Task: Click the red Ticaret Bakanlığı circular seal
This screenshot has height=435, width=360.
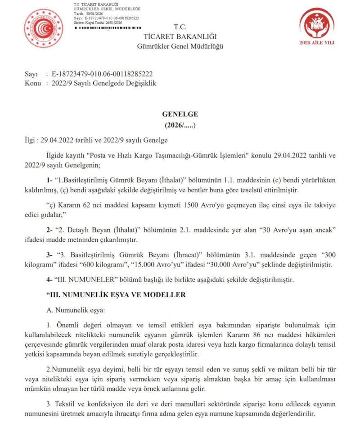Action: [x=44, y=28]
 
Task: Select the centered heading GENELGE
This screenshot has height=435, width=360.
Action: [x=180, y=114]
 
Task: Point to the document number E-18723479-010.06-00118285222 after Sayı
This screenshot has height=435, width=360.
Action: [x=102, y=74]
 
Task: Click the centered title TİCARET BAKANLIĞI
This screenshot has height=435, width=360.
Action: [x=180, y=36]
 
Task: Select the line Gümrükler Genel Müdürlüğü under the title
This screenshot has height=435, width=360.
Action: [x=180, y=46]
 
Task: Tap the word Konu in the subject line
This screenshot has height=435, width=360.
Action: [x=33, y=83]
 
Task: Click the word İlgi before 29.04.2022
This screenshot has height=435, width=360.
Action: [x=31, y=140]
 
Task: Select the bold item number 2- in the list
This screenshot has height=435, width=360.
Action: [x=50, y=230]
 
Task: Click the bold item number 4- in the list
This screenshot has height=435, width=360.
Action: [x=50, y=280]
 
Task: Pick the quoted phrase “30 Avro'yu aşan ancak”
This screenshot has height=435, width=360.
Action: [x=296, y=230]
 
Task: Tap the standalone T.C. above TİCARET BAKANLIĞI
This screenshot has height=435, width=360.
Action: [x=180, y=27]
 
